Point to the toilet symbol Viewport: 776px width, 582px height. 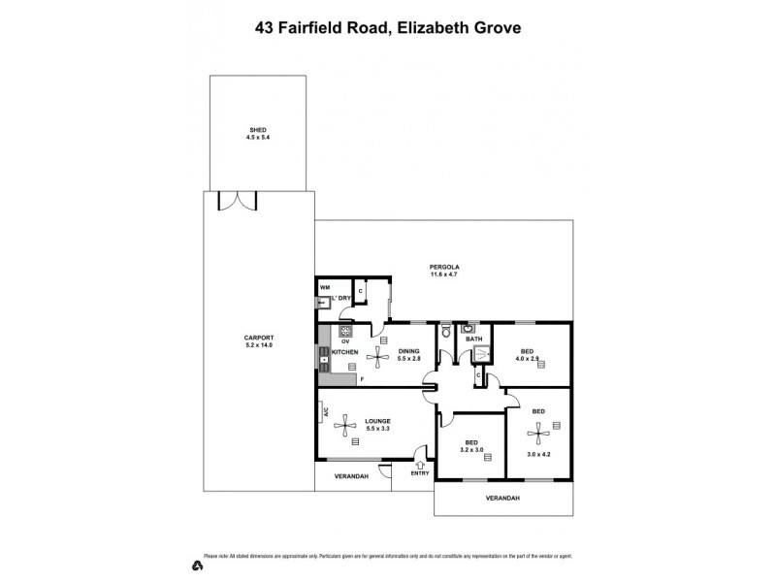tap(445, 333)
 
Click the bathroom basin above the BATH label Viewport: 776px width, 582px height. tap(466, 328)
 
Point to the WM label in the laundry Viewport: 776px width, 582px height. tap(324, 288)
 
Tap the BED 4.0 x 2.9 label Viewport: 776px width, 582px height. tap(527, 356)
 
